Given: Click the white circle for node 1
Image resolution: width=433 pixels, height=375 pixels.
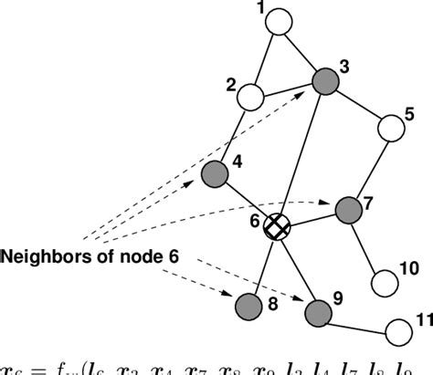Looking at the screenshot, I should [282, 19].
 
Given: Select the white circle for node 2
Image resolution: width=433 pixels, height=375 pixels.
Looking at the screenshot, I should [253, 95].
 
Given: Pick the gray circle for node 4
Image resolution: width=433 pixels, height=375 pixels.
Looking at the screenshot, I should [214, 172].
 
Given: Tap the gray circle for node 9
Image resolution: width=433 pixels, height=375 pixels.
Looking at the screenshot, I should [317, 313].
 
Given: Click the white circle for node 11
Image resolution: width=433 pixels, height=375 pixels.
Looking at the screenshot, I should [398, 329].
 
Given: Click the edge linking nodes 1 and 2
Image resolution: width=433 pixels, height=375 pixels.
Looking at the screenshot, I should [268, 57].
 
